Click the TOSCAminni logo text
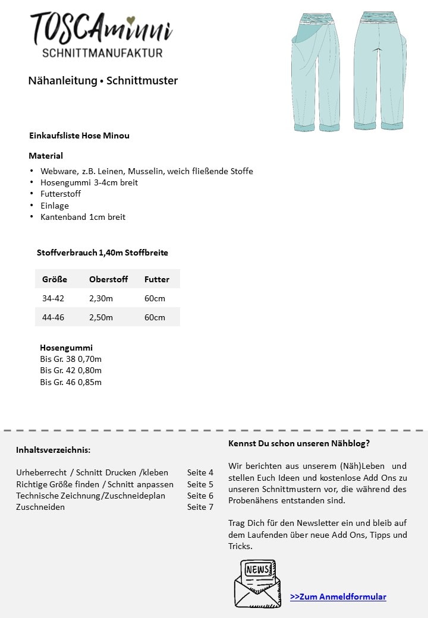101,29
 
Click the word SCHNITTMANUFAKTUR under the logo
102,53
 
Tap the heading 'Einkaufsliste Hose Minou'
79,135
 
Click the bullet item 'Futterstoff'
61,194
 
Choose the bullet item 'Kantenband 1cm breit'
83,217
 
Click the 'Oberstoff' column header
109,279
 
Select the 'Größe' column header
55,279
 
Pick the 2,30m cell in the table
100,298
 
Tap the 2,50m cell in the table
100,317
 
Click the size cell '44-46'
53,317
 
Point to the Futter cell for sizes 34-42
155,298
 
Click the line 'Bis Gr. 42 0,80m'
71,370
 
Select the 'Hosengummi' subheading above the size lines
66,348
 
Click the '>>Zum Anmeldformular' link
338,597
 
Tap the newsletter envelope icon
257,583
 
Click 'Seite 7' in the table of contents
200,507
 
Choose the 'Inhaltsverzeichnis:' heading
53,450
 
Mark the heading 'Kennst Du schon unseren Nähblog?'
299,443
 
